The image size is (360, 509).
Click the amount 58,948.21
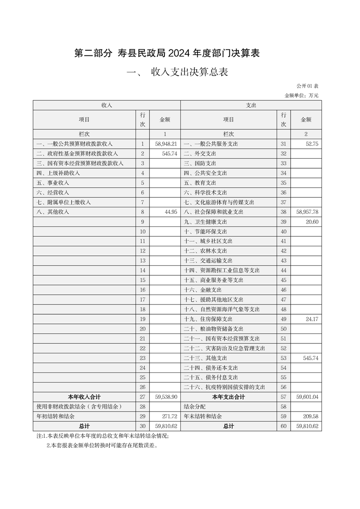[x=165, y=144]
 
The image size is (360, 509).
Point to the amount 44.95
[x=170, y=212]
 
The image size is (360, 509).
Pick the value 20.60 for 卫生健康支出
[x=311, y=222]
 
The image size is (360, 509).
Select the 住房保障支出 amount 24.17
[x=311, y=319]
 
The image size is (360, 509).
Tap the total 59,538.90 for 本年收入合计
[x=165, y=397]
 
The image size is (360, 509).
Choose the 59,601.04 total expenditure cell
[x=307, y=397]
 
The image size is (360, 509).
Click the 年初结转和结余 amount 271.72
[x=168, y=416]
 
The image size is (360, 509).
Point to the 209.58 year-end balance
[x=310, y=416]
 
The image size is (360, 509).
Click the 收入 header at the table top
[x=107, y=105]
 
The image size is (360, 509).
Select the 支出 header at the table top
[x=251, y=105]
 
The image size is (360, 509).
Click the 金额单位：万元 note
[x=301, y=95]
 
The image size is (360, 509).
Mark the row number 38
[x=284, y=212]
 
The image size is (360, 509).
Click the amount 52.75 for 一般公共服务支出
[x=311, y=144]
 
